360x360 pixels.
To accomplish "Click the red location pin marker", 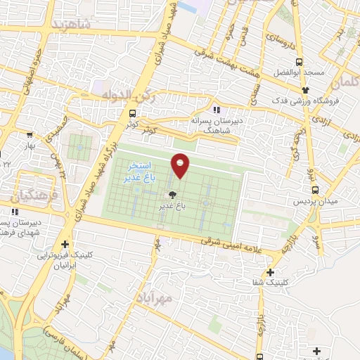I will tap(181, 165).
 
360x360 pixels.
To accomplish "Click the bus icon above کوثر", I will tap(133, 113).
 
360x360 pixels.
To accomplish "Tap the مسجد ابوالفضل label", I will tap(309, 73).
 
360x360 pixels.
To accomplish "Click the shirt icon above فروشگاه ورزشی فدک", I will tap(305, 89).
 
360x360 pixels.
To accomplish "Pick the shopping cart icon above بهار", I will tap(30, 134).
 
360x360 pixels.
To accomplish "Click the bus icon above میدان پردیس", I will tap(316, 189).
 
